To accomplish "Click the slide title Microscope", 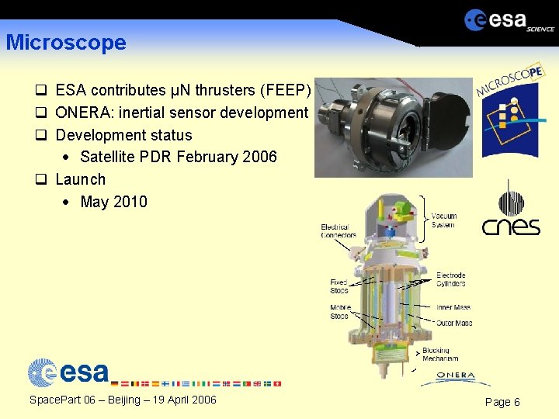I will click(66, 43).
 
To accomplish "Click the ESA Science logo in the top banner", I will click(509, 20).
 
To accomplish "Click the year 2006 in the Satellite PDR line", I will click(259, 157).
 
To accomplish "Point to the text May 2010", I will click(113, 202).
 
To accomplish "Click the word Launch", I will click(80, 179).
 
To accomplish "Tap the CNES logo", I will click(510, 209).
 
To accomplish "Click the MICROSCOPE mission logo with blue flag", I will click(511, 109).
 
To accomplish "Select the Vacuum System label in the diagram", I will click(443, 220).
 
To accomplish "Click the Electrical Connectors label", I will click(339, 231).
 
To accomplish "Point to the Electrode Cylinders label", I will click(450, 279).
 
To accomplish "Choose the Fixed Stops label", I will click(339, 286).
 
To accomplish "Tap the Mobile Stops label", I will click(340, 312).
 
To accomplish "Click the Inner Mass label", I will click(453, 307).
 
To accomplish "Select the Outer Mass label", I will click(453, 323).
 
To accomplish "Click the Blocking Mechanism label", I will click(440, 355).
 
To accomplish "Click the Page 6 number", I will click(502, 402).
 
